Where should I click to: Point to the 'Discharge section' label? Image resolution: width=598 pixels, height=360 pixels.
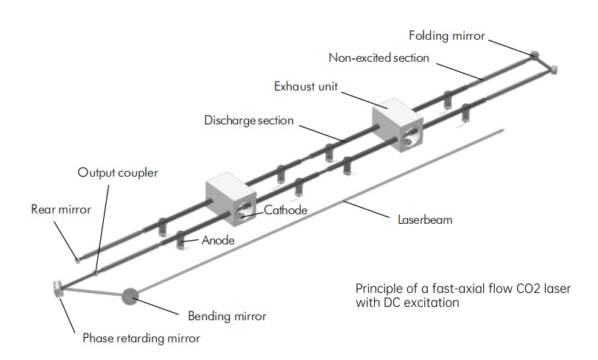coord(249,120)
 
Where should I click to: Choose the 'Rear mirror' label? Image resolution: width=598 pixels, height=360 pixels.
coord(60,209)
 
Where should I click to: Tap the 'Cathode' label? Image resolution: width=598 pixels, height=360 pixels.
coord(286,210)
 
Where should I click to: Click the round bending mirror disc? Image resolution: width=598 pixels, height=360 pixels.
coord(130,297)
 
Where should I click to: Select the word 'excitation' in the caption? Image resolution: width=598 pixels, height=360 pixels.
coord(422,302)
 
